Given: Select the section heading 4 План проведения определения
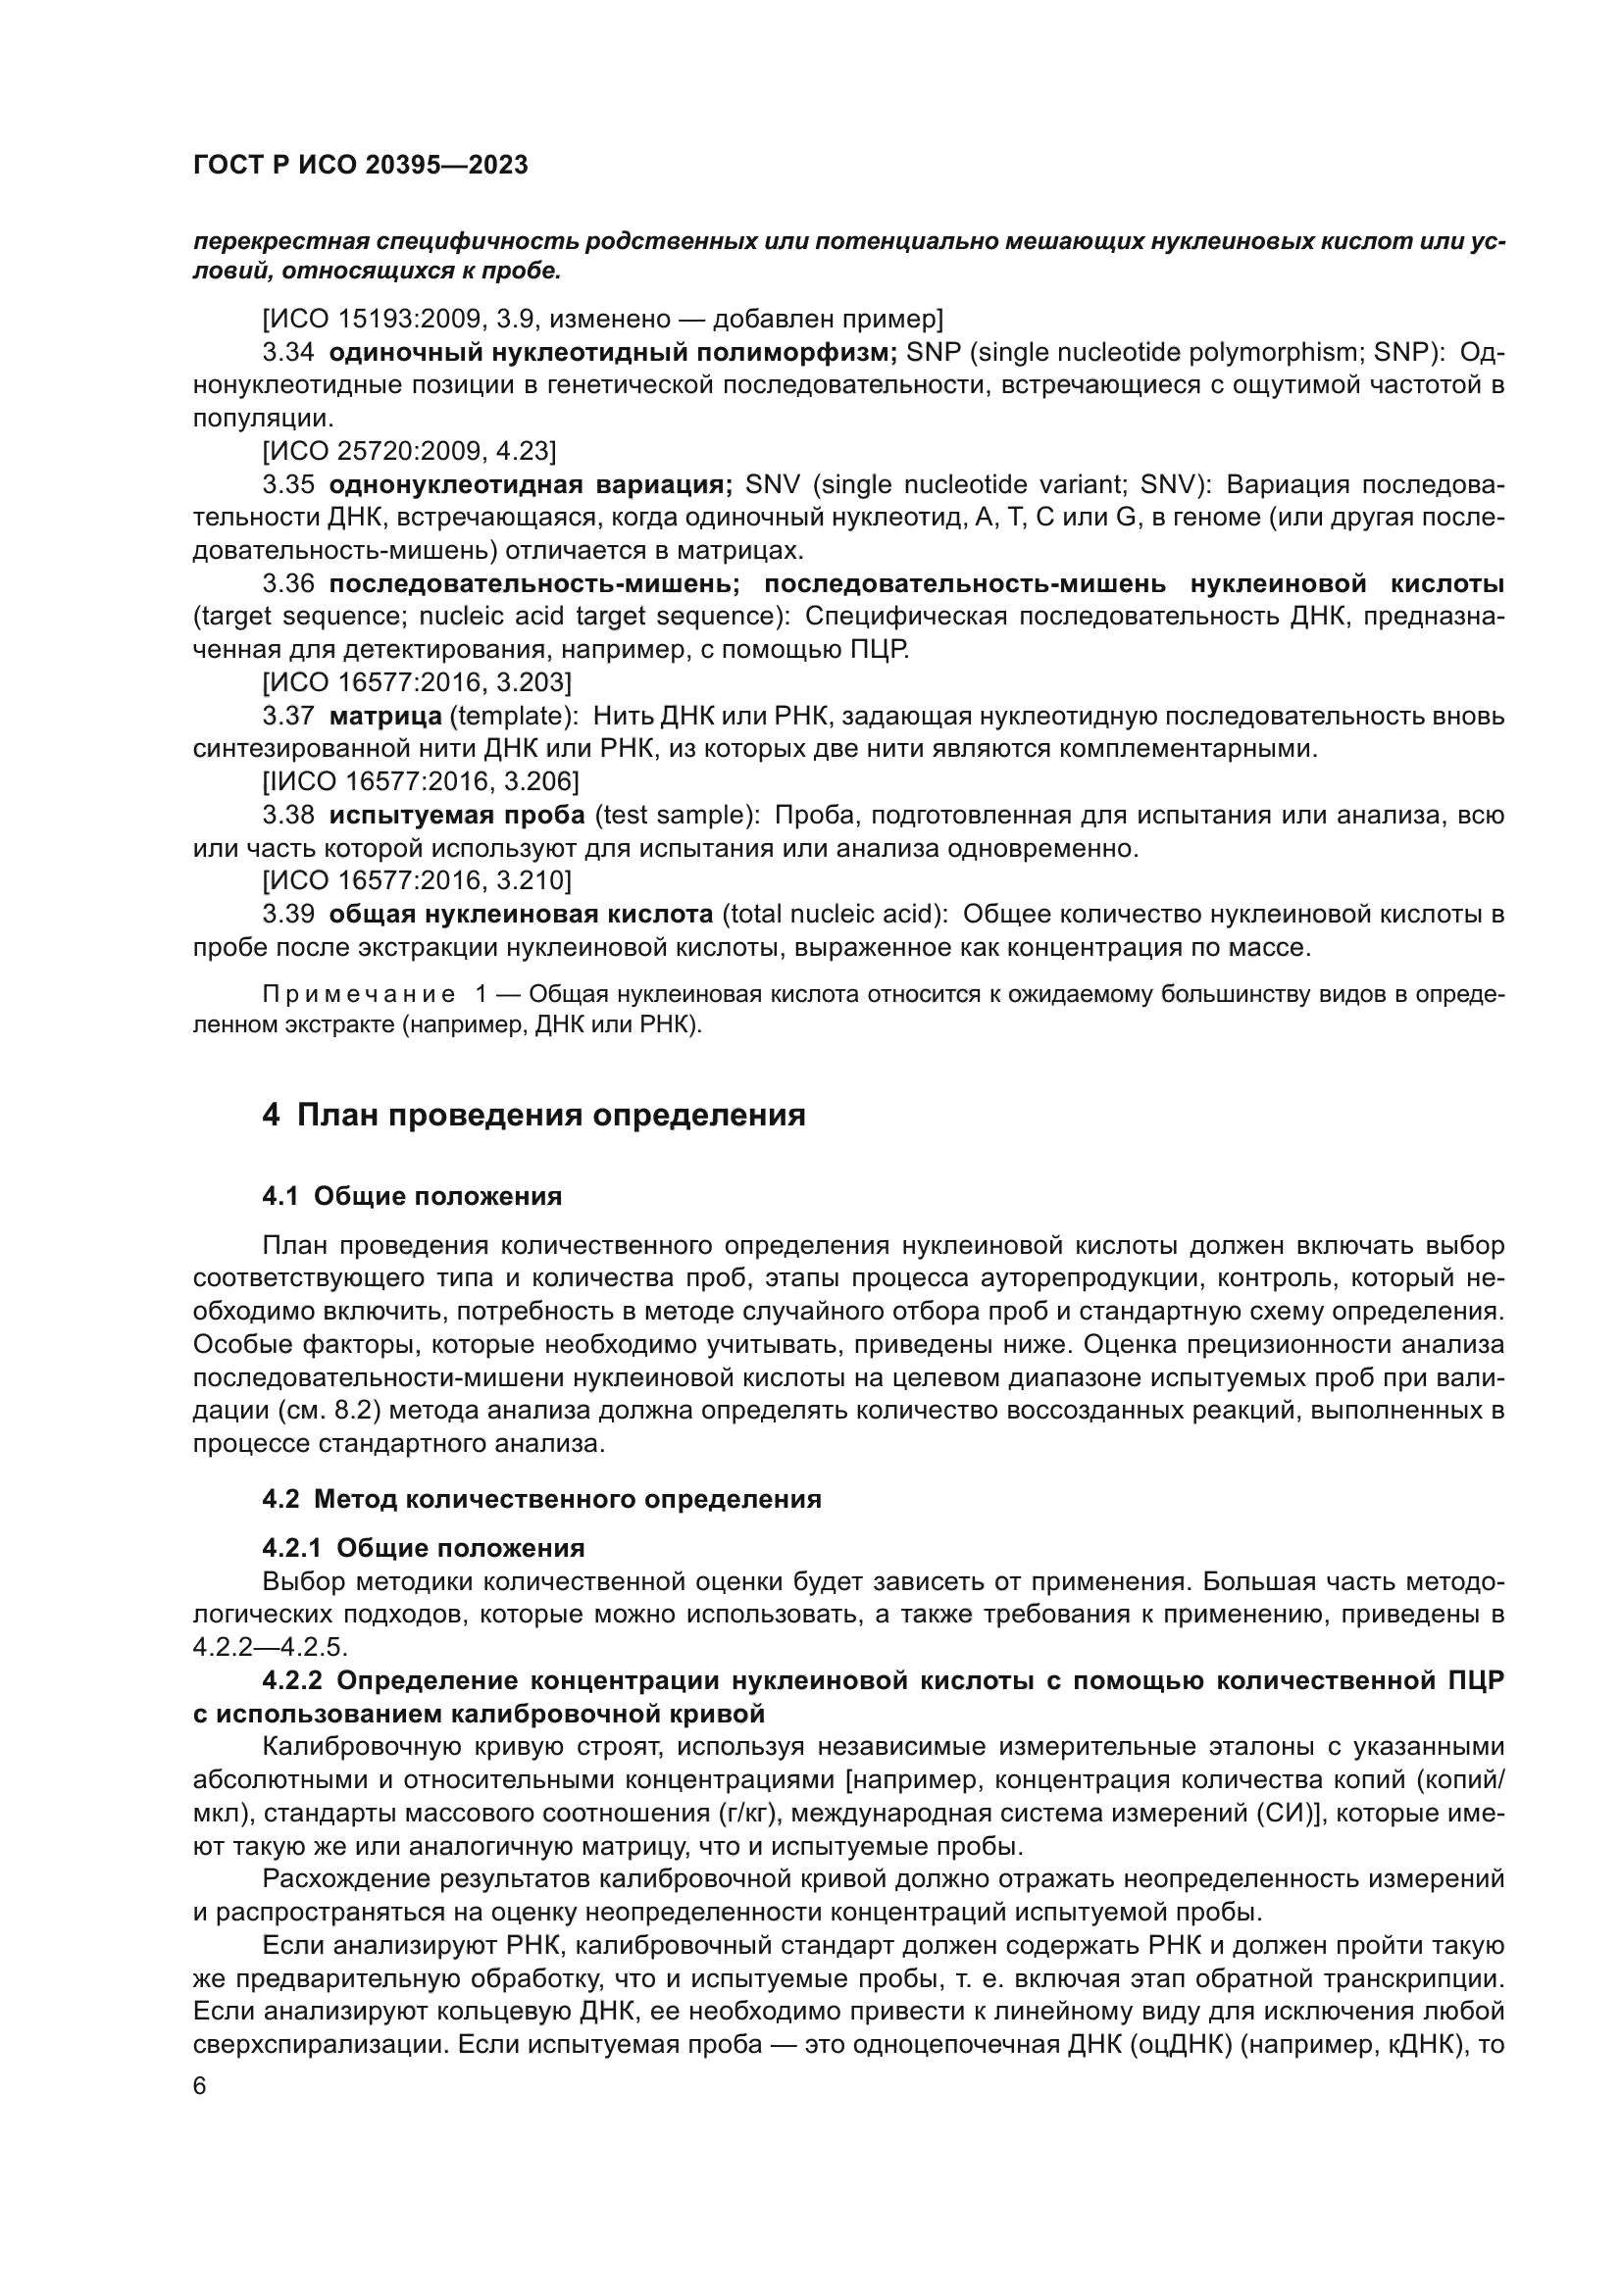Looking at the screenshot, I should click(533, 1115).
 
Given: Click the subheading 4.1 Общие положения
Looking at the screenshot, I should click(412, 1196).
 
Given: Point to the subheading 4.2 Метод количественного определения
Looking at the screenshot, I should click(541, 1499).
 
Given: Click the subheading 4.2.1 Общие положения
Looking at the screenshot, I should click(424, 1549).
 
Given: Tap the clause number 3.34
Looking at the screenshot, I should click(288, 353).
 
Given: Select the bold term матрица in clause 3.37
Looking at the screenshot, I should click(385, 717).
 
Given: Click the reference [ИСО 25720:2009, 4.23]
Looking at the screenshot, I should click(409, 451).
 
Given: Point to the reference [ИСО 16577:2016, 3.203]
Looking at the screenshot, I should click(417, 683).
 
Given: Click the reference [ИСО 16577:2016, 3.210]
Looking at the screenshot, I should click(417, 881).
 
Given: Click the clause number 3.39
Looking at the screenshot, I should click(288, 915).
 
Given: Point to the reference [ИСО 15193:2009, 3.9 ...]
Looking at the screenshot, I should click(602, 320).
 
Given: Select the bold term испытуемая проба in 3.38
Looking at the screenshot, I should click(456, 816).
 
